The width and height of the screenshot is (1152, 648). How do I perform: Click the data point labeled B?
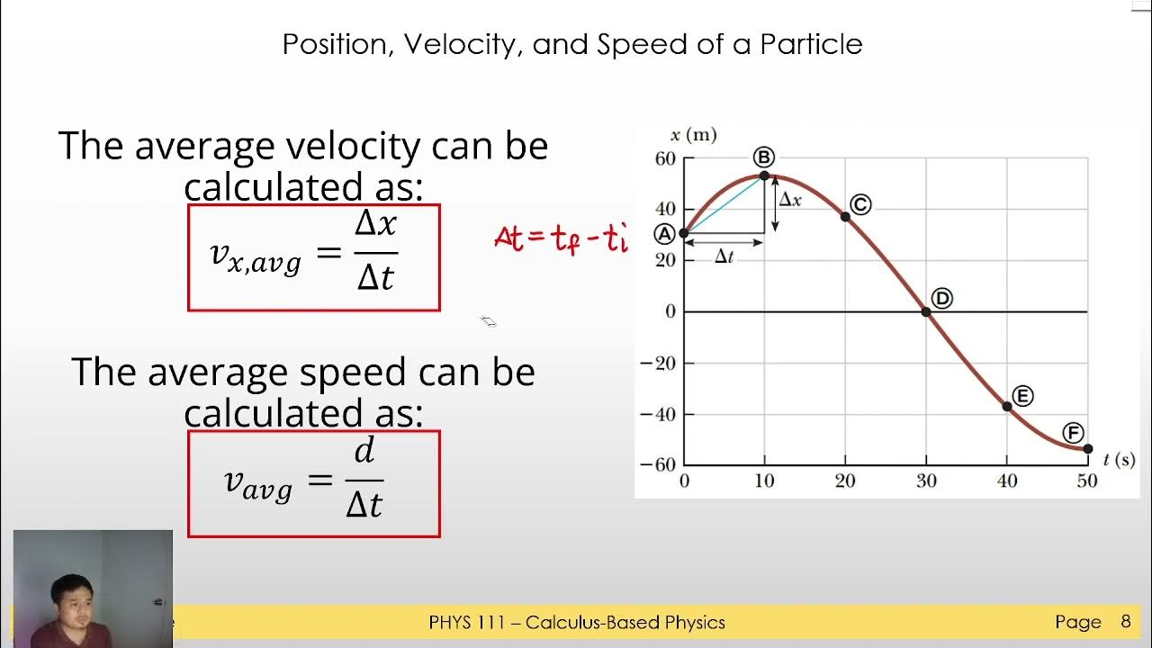764,176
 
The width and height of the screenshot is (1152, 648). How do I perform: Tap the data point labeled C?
845,216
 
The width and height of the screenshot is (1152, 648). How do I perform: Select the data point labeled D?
926,312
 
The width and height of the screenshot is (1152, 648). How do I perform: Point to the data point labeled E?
1007,407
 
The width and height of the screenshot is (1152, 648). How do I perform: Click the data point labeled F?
1087,448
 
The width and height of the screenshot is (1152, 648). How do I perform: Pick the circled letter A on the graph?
664,234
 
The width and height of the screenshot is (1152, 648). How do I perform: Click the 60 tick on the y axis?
664,159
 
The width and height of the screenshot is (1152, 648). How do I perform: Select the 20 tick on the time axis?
845,481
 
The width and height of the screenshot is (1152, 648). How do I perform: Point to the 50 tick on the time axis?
1087,481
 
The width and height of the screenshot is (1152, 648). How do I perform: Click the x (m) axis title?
694,136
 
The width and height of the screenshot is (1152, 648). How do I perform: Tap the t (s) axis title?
1119,460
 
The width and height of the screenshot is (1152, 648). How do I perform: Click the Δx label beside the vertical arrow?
790,200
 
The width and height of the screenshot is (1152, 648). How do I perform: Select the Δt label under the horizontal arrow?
724,257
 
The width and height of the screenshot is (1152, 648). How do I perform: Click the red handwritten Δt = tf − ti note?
560,238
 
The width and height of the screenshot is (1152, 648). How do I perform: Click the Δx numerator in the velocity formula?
375,223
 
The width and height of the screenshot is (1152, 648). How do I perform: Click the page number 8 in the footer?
1125,622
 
